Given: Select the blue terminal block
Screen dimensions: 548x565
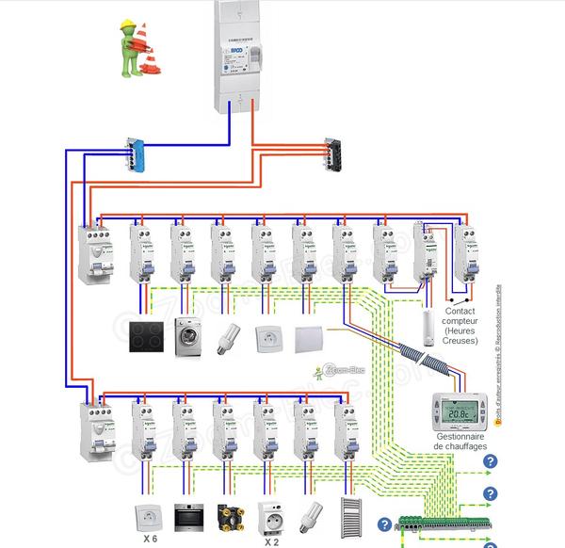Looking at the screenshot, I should pyautogui.click(x=137, y=154).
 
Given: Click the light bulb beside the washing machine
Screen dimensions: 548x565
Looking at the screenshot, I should pyautogui.click(x=228, y=337).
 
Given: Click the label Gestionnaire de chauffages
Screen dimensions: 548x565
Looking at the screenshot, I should pyautogui.click(x=460, y=439).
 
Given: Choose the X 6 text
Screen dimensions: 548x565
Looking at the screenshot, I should pyautogui.click(x=149, y=540).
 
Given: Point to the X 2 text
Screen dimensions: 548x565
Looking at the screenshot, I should pyautogui.click(x=271, y=540).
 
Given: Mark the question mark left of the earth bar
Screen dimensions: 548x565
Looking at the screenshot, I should pyautogui.click(x=384, y=524).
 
